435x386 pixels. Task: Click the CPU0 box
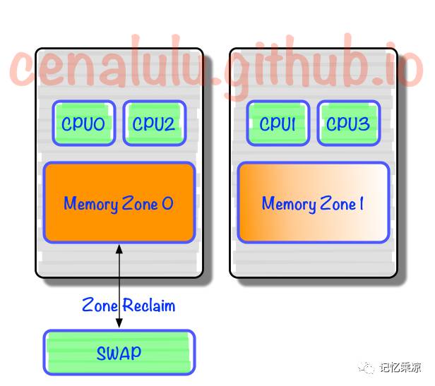coord(83,124)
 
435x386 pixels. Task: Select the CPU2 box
coord(154,124)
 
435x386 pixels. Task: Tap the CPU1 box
coord(277,124)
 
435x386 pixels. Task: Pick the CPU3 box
coord(347,124)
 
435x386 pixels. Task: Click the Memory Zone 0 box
coord(119,203)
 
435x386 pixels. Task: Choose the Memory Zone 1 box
coord(313,203)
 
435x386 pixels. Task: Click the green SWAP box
coord(119,352)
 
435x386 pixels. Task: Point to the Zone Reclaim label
coord(129,306)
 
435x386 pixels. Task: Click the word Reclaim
coord(148,306)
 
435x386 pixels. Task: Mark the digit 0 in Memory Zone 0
coord(167,204)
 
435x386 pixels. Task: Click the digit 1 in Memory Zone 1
coord(361,204)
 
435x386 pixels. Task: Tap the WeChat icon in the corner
coord(367,367)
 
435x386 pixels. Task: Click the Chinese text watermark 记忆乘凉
coord(400,367)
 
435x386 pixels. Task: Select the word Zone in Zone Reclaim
coord(101,306)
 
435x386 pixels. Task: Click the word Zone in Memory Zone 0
coord(141,204)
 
